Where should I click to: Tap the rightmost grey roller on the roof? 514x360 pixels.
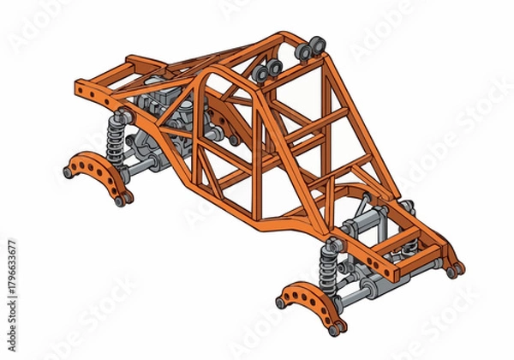[317, 45]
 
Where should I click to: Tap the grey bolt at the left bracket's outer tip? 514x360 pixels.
[68, 172]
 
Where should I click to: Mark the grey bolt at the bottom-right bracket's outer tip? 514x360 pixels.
[280, 303]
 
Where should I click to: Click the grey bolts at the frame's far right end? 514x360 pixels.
[454, 271]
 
